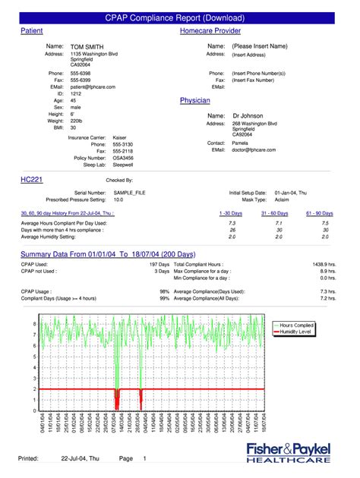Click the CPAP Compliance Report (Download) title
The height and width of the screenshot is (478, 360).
180,17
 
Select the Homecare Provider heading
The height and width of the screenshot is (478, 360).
210,30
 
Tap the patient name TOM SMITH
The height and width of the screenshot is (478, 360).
88,46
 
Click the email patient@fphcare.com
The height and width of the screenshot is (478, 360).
93,87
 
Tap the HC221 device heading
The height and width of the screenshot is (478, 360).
31,180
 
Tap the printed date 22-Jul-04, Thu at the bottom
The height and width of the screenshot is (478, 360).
80,459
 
